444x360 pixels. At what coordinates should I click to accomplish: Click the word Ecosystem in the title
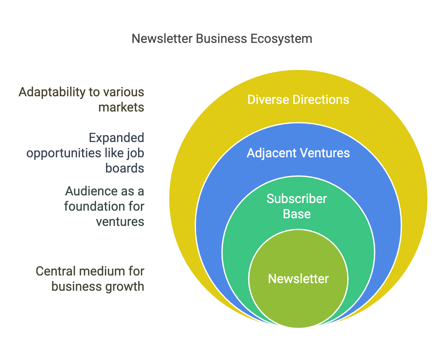click(x=281, y=39)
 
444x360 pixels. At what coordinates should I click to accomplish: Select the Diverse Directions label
click(x=298, y=99)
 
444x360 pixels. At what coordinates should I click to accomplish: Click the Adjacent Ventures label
click(x=298, y=153)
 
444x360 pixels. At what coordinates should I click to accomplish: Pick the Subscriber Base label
click(x=297, y=206)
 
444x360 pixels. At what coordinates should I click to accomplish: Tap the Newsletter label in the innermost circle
click(x=298, y=279)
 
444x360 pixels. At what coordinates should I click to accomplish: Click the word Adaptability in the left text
click(x=52, y=92)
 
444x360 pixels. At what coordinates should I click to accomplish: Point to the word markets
click(x=121, y=107)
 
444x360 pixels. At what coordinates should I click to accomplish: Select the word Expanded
click(x=116, y=138)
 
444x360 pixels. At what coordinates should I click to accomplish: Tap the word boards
click(x=125, y=168)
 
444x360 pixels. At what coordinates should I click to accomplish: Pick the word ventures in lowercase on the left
click(x=120, y=222)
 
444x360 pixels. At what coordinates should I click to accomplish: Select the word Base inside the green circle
click(x=297, y=214)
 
